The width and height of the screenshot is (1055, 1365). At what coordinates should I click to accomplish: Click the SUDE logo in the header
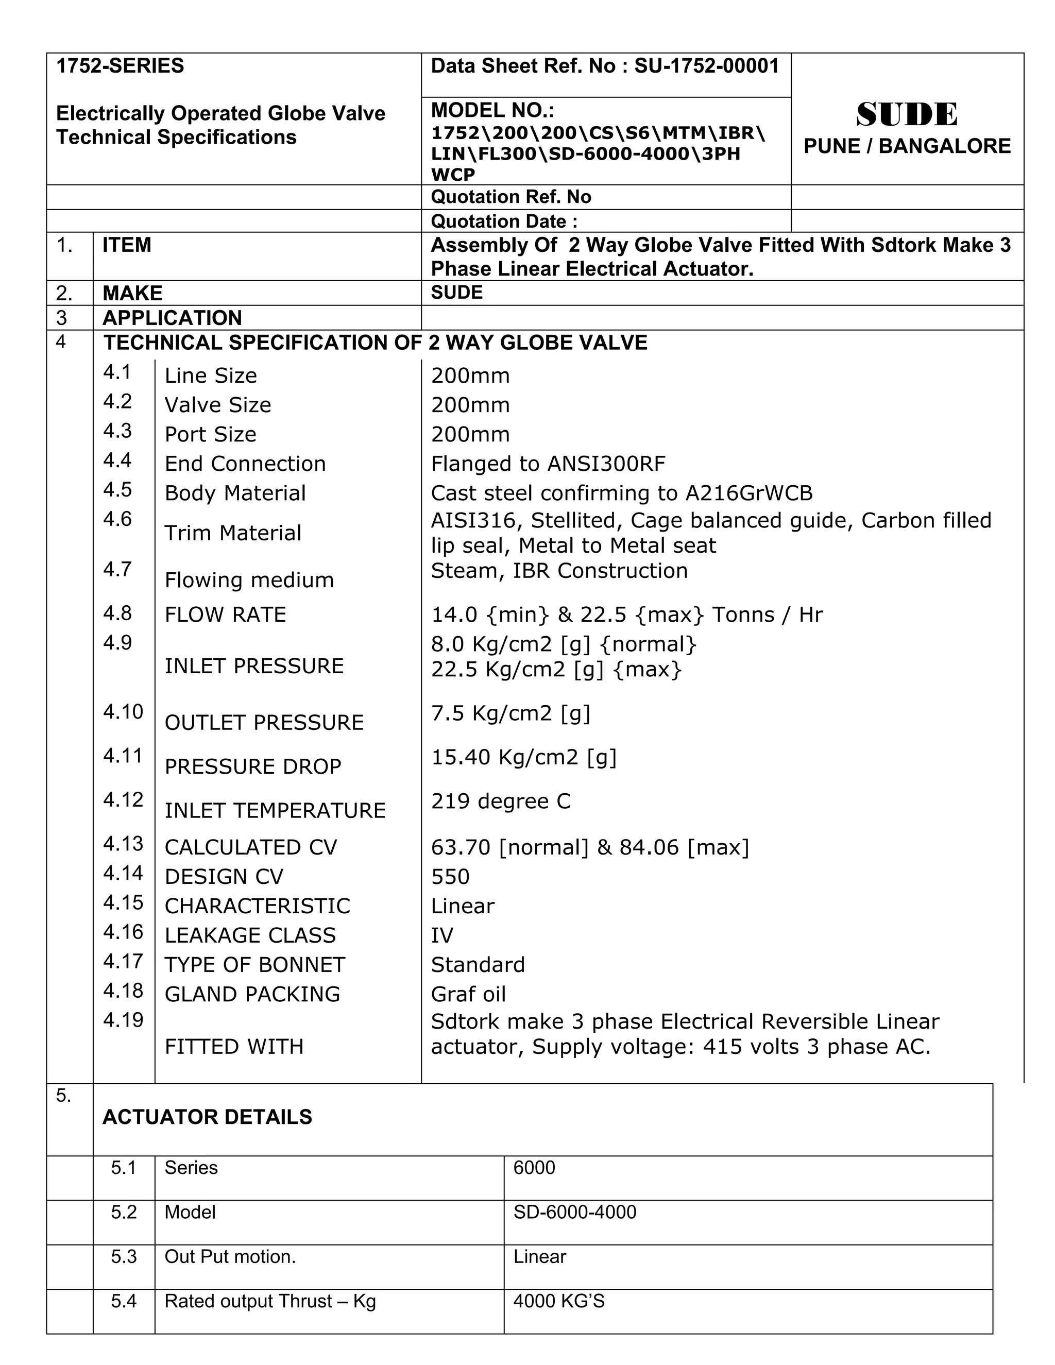[x=906, y=114]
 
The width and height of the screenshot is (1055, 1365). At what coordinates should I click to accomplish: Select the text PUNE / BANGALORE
[x=906, y=146]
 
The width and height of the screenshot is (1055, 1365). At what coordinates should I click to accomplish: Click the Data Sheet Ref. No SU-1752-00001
[x=604, y=66]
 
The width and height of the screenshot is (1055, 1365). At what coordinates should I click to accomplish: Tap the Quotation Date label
[x=504, y=221]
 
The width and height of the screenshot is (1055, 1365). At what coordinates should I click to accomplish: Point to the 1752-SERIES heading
[x=120, y=65]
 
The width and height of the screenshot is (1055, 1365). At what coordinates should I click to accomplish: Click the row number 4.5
[x=117, y=489]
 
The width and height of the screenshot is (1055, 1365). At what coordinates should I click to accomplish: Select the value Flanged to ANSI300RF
[x=548, y=464]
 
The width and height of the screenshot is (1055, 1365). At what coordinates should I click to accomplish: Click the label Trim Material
[x=232, y=533]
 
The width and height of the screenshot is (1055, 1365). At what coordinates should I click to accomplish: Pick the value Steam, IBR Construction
[x=559, y=571]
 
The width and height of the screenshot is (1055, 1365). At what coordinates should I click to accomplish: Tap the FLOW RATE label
[x=225, y=615]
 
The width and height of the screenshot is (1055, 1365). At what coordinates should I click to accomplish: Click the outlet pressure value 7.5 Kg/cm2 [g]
[x=510, y=713]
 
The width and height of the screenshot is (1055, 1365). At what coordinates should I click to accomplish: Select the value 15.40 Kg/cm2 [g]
[x=523, y=758]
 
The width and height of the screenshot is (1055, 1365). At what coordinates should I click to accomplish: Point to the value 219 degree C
[x=501, y=801]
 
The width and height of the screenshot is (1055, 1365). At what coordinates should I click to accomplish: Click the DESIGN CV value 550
[x=450, y=877]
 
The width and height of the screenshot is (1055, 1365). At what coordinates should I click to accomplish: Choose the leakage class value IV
[x=442, y=935]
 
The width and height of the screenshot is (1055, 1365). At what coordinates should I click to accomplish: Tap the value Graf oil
[x=468, y=994]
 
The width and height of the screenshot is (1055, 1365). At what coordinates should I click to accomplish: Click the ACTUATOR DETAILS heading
[x=207, y=1117]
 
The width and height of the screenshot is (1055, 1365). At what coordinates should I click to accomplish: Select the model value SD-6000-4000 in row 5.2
[x=574, y=1213]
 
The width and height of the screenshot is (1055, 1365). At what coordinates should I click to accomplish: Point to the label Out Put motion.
[x=229, y=1257]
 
